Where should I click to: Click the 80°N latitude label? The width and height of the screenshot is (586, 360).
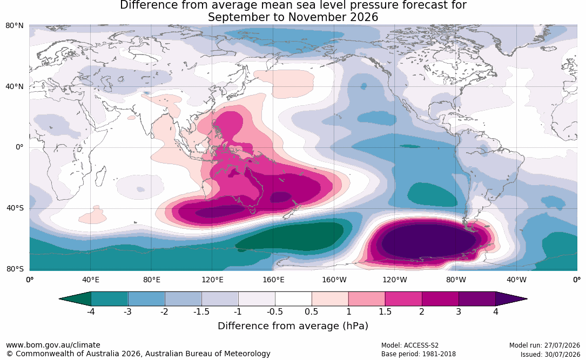[14, 26]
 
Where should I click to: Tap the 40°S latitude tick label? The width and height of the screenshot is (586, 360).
[15, 208]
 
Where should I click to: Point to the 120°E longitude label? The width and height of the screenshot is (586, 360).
[212, 280]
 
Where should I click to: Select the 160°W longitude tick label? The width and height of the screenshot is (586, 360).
[334, 280]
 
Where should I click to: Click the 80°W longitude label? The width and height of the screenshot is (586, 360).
[456, 280]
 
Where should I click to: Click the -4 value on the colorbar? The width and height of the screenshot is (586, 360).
[90, 311]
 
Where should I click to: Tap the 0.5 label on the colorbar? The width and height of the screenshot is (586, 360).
[312, 311]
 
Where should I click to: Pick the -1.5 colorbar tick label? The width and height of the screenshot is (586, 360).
[201, 311]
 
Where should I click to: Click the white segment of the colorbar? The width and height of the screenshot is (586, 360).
[293, 299]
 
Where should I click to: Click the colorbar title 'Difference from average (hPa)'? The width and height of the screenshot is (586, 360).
[293, 325]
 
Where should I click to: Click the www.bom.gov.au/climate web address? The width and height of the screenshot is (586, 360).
[53, 345]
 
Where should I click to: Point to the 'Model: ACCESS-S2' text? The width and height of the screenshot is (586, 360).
[410, 345]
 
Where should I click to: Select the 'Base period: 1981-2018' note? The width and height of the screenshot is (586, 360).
[419, 354]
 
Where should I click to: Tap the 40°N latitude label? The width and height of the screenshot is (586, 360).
[14, 87]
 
